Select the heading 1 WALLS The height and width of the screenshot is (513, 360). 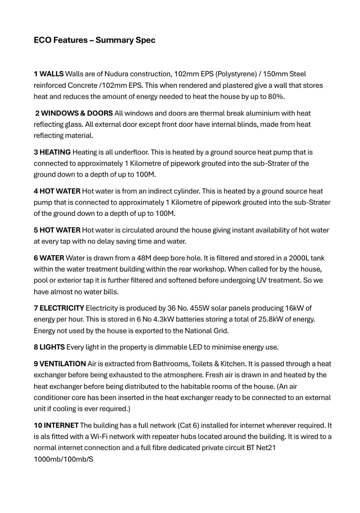pyautogui.click(x=48, y=74)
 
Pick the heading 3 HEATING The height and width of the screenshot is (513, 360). pyautogui.click(x=52, y=152)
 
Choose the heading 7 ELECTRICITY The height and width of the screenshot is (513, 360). pyautogui.click(x=59, y=308)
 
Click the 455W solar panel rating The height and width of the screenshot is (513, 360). pyautogui.click(x=195, y=308)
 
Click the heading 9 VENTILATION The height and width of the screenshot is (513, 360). pyautogui.click(x=60, y=364)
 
